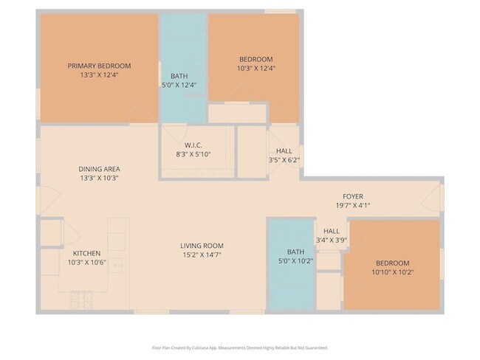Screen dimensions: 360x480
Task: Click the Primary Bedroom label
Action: coord(99,65)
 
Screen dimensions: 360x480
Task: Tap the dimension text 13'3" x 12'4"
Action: coord(99,75)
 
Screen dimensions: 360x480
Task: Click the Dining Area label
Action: coord(99,169)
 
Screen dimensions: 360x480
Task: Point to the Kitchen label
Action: coord(86,254)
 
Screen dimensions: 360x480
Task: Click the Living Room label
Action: coord(202,246)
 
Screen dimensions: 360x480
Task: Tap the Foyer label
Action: coord(352,196)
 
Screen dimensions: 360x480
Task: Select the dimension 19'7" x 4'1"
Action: coord(352,206)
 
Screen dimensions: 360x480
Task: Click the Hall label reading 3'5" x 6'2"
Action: coord(284,150)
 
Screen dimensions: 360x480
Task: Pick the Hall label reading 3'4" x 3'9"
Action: coord(332,230)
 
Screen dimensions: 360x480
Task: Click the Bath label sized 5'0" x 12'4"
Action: coord(179,76)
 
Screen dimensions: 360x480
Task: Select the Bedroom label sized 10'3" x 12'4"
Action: coord(256,59)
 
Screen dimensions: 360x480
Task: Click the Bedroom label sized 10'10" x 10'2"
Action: coord(392,263)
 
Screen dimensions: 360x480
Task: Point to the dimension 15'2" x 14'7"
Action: coord(202,255)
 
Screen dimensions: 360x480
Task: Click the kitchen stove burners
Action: coord(80,301)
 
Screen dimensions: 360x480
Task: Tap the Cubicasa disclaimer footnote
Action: coord(240,347)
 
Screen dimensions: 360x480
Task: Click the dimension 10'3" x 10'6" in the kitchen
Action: coord(86,263)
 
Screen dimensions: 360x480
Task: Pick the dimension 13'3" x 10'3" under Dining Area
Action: coord(99,178)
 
